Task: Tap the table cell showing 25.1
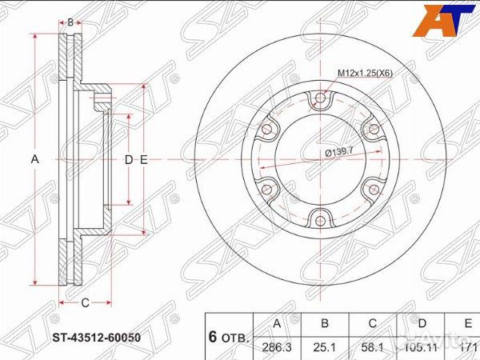(x=325, y=346)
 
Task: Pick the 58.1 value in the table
(x=372, y=346)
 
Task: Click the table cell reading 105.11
(x=422, y=346)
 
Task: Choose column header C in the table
(x=372, y=324)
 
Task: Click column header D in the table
(x=422, y=324)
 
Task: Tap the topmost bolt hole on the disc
(x=320, y=98)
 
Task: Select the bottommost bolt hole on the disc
(x=320, y=218)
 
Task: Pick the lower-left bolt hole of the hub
(x=268, y=189)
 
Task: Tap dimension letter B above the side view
(x=70, y=22)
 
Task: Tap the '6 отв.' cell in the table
(x=229, y=336)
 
